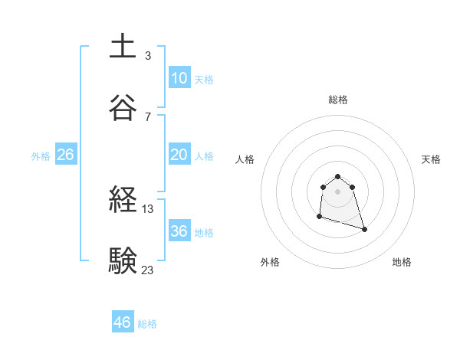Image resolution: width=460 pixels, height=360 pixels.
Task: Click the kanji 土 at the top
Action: [x=123, y=46]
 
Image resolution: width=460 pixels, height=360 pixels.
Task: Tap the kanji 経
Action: [x=123, y=201]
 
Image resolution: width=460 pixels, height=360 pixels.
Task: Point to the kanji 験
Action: [x=123, y=260]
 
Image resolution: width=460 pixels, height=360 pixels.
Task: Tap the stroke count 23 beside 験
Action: [x=148, y=269]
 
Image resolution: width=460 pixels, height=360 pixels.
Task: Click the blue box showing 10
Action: [x=179, y=78]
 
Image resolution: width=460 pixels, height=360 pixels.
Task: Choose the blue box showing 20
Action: [x=179, y=155]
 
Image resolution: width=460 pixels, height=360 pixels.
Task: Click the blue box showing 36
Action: [x=179, y=231]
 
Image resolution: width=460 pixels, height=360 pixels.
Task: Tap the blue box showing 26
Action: [x=65, y=155]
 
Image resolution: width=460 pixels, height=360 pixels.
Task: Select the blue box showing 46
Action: [x=123, y=322]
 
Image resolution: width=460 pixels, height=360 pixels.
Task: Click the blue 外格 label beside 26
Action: [x=41, y=156]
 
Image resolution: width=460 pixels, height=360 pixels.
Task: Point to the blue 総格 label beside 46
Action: [x=147, y=324]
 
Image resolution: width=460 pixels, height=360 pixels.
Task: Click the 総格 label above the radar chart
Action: [x=338, y=100]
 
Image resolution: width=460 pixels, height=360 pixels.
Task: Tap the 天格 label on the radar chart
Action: [x=431, y=159]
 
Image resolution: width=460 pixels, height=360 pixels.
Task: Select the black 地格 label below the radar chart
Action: [x=402, y=262]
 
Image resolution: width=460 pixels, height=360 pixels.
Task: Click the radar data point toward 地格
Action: [x=364, y=229]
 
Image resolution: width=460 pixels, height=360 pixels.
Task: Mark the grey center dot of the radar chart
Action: [x=338, y=191]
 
